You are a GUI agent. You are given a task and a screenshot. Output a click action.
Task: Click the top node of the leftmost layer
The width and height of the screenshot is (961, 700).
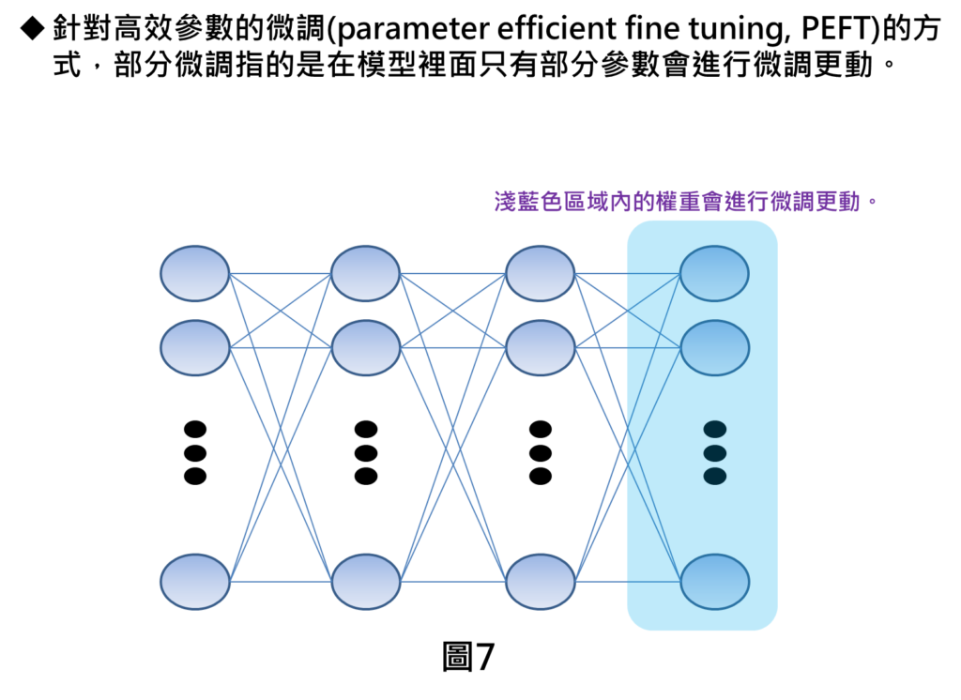pos(194,273)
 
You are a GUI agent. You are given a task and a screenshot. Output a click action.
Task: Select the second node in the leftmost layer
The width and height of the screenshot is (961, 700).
pos(194,347)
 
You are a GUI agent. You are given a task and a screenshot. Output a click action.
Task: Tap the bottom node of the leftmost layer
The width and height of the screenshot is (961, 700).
pos(194,582)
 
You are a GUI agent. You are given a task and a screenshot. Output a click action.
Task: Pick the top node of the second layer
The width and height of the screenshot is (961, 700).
pos(365,273)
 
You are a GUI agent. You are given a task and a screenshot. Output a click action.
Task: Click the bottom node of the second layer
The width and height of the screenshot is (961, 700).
pos(365,582)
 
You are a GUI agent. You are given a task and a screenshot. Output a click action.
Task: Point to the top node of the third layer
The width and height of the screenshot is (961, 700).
pos(540,273)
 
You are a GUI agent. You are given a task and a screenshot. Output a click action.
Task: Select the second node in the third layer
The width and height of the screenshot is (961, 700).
pos(540,347)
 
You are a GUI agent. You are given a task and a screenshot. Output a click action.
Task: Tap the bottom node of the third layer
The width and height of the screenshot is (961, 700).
pos(540,582)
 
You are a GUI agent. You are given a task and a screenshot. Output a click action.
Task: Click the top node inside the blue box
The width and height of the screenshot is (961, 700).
pos(714,273)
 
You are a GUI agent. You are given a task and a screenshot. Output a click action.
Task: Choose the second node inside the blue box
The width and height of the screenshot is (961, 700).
pos(714,347)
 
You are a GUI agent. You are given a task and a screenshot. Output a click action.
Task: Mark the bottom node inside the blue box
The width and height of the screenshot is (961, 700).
pos(714,582)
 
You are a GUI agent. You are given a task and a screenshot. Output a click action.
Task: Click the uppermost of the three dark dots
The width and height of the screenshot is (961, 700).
pos(715,429)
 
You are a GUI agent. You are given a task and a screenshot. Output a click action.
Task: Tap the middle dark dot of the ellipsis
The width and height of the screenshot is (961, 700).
pos(715,453)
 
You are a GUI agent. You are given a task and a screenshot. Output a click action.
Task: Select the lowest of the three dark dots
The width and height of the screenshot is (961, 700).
pos(715,476)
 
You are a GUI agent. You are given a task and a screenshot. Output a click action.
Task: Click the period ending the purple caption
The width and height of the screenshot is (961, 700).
pos(872,202)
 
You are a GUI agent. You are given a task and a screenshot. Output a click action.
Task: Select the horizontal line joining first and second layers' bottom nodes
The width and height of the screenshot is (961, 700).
pos(280,582)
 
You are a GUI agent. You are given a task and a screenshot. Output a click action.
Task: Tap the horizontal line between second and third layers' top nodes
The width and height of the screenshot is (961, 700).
pos(452,273)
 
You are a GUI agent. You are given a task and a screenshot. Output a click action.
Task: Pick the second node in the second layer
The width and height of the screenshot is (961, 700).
pos(365,347)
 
